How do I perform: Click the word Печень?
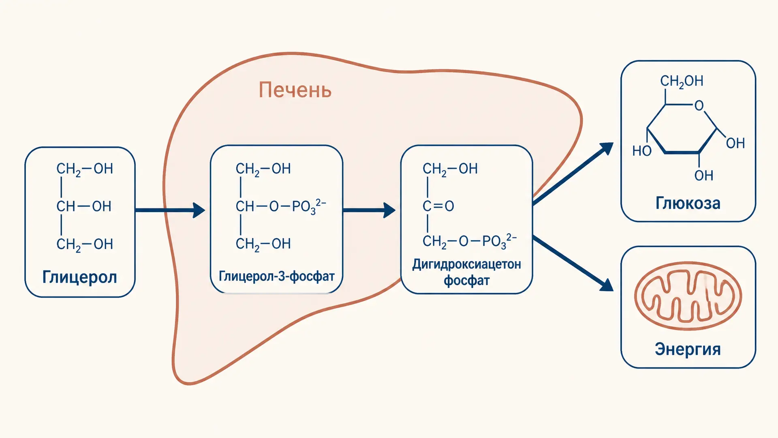click(295, 90)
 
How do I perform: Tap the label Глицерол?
click(80, 278)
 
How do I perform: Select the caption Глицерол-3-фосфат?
click(277, 276)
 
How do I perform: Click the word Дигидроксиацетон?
click(466, 265)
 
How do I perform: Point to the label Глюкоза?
click(688, 203)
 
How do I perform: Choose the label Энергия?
click(688, 349)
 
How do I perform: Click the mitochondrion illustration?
click(688, 296)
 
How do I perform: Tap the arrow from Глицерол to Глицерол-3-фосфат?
click(170, 210)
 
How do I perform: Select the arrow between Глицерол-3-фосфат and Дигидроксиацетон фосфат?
click(369, 210)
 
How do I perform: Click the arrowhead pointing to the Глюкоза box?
click(605, 148)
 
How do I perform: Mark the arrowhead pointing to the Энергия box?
click(606, 285)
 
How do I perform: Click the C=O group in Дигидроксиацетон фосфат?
click(438, 206)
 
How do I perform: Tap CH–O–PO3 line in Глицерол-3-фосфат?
click(281, 206)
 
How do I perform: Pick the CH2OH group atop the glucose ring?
click(682, 81)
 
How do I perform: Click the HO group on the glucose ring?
click(642, 151)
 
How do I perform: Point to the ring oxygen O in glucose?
click(699, 105)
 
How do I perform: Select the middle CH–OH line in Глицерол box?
click(84, 206)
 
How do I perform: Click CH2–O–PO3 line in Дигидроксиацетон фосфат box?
click(470, 241)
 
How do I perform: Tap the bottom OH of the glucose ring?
click(703, 176)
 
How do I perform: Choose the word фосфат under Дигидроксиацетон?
click(466, 281)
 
